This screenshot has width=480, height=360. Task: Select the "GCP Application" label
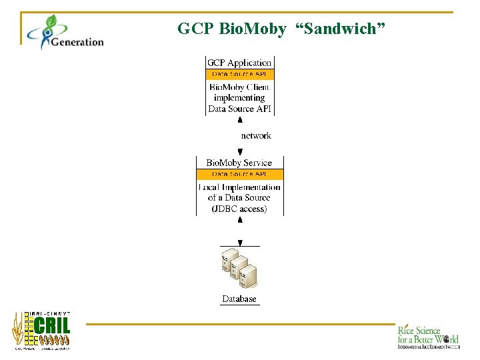[239, 63]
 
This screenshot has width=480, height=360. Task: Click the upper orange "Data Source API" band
[239, 75]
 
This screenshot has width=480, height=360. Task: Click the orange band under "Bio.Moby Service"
[239, 174]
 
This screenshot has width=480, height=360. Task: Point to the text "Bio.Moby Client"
[239, 87]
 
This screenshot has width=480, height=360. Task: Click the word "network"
[256, 135]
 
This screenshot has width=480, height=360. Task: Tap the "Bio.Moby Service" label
[239, 163]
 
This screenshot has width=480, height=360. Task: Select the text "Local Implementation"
[239, 187]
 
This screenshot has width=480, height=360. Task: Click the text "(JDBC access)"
[239, 209]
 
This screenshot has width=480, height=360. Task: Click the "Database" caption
[239, 299]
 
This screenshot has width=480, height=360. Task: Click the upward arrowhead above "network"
[240, 119]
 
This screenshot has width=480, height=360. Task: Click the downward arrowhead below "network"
[240, 152]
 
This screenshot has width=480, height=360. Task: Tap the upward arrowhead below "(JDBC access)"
[240, 219]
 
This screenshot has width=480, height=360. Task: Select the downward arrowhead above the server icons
[240, 243]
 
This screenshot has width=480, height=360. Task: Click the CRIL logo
[42, 330]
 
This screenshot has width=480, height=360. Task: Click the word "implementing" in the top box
[239, 97]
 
